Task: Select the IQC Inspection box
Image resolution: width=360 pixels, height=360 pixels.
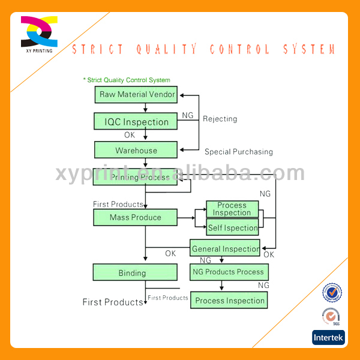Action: click(136, 122)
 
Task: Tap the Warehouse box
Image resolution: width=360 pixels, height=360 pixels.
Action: click(136, 150)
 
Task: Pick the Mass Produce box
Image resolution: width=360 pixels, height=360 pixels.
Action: click(135, 217)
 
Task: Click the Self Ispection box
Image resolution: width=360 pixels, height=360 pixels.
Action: click(232, 228)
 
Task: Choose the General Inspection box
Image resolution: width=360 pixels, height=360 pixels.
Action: click(225, 248)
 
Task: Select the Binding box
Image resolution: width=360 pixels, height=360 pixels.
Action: click(135, 273)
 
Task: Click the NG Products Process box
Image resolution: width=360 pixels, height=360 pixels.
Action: click(228, 272)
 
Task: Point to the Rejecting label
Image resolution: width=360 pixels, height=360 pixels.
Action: click(220, 119)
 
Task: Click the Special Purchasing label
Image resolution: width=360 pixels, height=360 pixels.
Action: click(238, 152)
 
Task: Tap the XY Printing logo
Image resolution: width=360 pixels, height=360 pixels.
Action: click(39, 34)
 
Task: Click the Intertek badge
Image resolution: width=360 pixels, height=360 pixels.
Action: click(328, 338)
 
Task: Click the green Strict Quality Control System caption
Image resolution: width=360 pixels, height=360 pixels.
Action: click(127, 80)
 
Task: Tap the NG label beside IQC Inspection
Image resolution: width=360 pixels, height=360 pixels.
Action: click(187, 115)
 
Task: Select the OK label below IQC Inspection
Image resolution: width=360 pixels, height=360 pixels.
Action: click(130, 135)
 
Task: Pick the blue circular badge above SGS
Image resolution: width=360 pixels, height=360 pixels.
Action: click(332, 292)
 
